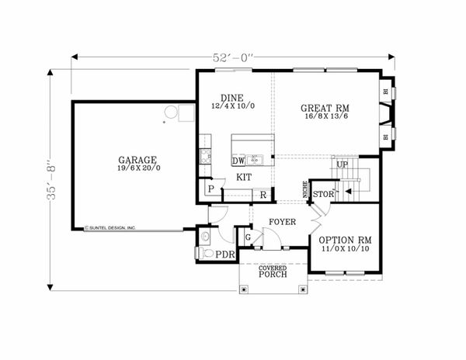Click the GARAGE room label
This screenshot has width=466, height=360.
click(134, 158)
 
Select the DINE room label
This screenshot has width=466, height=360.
click(231, 99)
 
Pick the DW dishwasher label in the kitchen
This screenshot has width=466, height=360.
click(239, 161)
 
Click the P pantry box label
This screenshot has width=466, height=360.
click(210, 189)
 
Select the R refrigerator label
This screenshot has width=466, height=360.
click(263, 194)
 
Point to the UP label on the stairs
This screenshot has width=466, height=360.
click(340, 164)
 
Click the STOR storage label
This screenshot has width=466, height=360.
click(323, 194)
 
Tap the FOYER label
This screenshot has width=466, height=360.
click(281, 222)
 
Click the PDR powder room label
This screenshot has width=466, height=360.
click(225, 254)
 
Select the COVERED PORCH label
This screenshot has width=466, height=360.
click(273, 271)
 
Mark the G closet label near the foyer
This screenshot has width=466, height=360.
click(249, 236)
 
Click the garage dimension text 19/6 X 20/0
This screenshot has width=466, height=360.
click(134, 168)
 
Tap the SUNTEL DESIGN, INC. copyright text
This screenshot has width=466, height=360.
click(111, 228)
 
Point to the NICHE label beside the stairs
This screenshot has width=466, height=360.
click(305, 189)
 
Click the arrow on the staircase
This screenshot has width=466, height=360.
click(349, 189)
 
